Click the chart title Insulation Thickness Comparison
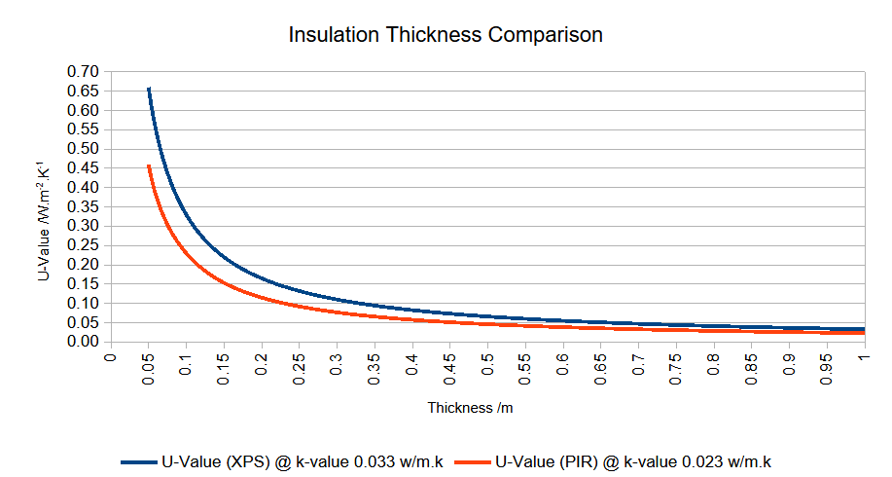point(446,36)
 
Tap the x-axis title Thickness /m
point(470,408)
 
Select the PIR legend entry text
point(633,460)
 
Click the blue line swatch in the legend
point(138,460)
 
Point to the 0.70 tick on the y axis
point(84,72)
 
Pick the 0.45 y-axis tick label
point(84,168)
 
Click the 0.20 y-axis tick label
point(84,265)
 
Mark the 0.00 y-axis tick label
point(84,342)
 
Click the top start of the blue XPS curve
point(148,89)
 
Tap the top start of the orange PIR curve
point(148,165)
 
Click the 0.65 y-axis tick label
point(84,92)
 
